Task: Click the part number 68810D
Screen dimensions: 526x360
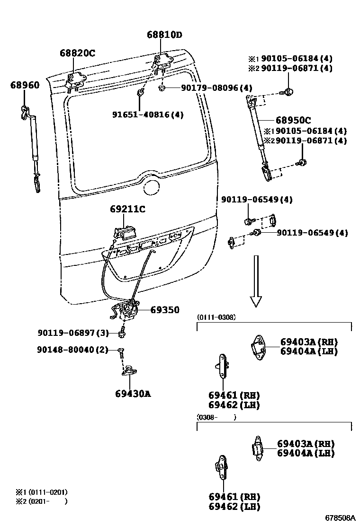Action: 164,35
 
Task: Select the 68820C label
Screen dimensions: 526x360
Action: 77,53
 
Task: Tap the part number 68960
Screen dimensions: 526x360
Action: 25,85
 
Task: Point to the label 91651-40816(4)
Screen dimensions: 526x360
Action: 148,114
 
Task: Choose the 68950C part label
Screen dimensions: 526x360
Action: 294,120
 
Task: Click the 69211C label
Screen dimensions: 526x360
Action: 127,209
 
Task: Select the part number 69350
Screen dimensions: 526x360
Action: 165,310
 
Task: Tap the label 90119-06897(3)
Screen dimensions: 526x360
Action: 73,333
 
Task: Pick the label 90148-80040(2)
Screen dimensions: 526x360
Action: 72,350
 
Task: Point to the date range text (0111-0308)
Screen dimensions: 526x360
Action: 216,317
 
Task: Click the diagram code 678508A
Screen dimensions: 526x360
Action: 340,517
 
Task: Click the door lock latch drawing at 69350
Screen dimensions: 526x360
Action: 126,310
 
